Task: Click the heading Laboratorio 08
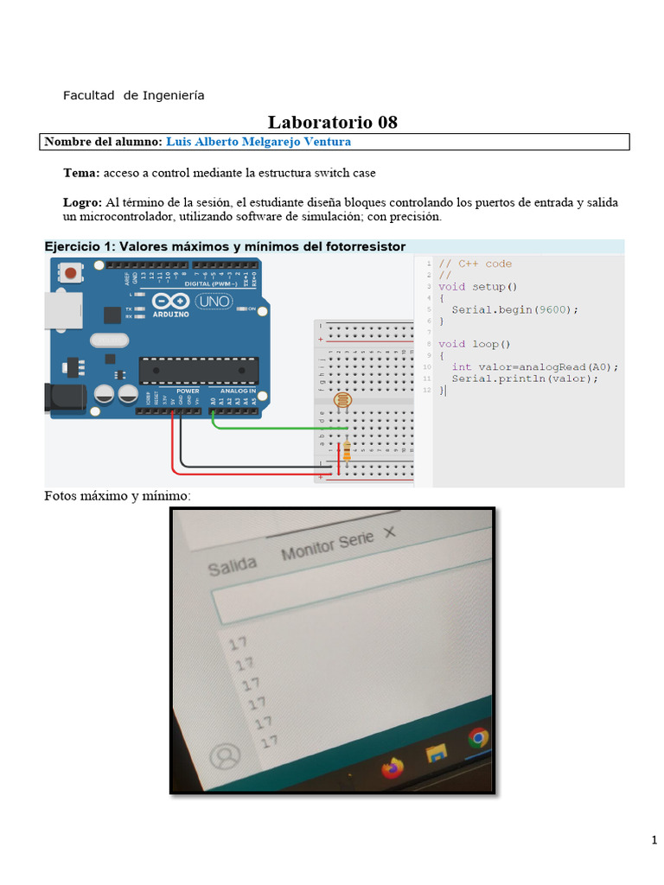[x=333, y=122]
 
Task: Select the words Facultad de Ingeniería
[x=133, y=95]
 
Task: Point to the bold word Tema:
[x=81, y=173]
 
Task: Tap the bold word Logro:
[x=82, y=202]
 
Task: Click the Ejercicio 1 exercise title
[x=225, y=247]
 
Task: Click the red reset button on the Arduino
[x=72, y=273]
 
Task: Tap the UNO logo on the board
[x=214, y=302]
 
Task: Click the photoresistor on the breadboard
[x=342, y=400]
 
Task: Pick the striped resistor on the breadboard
[x=347, y=450]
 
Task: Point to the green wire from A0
[x=277, y=427]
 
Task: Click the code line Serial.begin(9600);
[x=514, y=309]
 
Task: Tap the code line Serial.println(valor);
[x=524, y=379]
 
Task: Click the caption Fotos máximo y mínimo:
[x=117, y=496]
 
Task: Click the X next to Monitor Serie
[x=389, y=533]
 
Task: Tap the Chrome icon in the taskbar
[x=478, y=738]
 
